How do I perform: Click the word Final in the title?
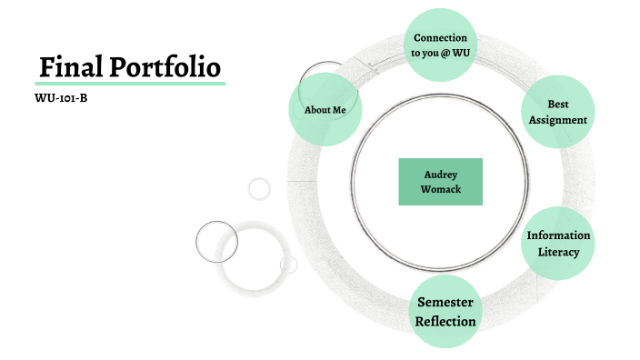[x=69, y=67]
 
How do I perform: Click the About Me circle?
[x=325, y=110]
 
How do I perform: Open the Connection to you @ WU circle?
[x=440, y=45]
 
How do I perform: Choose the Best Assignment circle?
[x=558, y=112]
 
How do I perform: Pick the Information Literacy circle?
[x=558, y=243]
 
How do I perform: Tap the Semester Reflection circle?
[x=445, y=311]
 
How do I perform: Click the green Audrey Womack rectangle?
[x=440, y=181]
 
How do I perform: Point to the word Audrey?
[x=440, y=174]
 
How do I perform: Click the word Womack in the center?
[x=440, y=189]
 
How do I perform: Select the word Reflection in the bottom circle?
[x=445, y=321]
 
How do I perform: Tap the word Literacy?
[x=558, y=252]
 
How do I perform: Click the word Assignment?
[x=558, y=120]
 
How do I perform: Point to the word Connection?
[x=440, y=38]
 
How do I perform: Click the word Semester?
[x=445, y=302]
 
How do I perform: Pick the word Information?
[x=558, y=235]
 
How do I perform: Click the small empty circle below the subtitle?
[x=259, y=189]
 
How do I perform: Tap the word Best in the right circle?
[x=558, y=105]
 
